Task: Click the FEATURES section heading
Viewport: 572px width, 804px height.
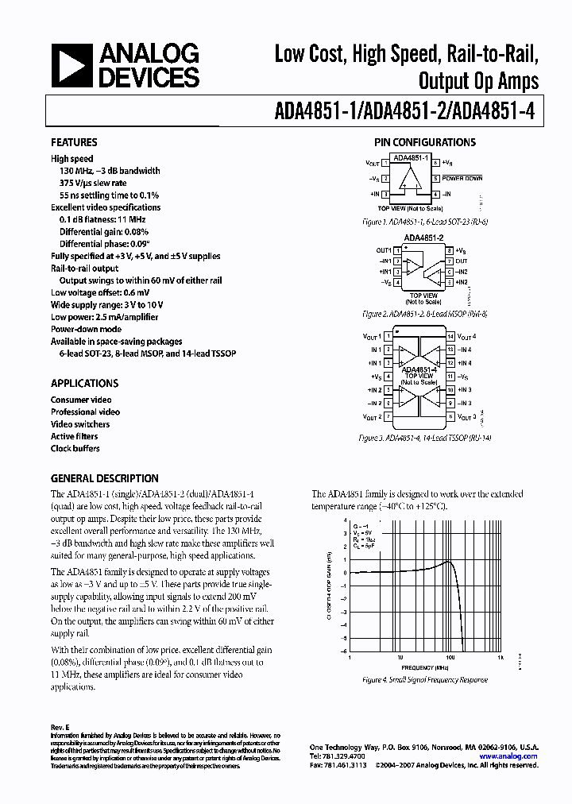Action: pos(74,143)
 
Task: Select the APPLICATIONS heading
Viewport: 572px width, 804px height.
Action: pos(84,383)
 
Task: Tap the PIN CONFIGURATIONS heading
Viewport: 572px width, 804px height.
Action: pos(425,143)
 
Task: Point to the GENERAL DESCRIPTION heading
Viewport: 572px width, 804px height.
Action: pos(104,479)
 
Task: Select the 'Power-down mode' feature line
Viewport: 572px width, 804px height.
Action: pos(86,329)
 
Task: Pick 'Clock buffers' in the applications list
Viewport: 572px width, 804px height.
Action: pos(75,449)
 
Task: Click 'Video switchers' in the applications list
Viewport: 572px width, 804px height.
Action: pos(80,424)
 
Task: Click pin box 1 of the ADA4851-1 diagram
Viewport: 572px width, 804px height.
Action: pos(385,163)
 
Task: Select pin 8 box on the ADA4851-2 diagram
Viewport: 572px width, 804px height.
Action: pos(450,251)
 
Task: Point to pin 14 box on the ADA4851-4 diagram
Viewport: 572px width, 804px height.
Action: pos(450,337)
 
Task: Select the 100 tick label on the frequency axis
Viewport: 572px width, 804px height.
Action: pos(450,658)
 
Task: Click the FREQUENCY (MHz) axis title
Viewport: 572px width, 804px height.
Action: pos(424,668)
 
